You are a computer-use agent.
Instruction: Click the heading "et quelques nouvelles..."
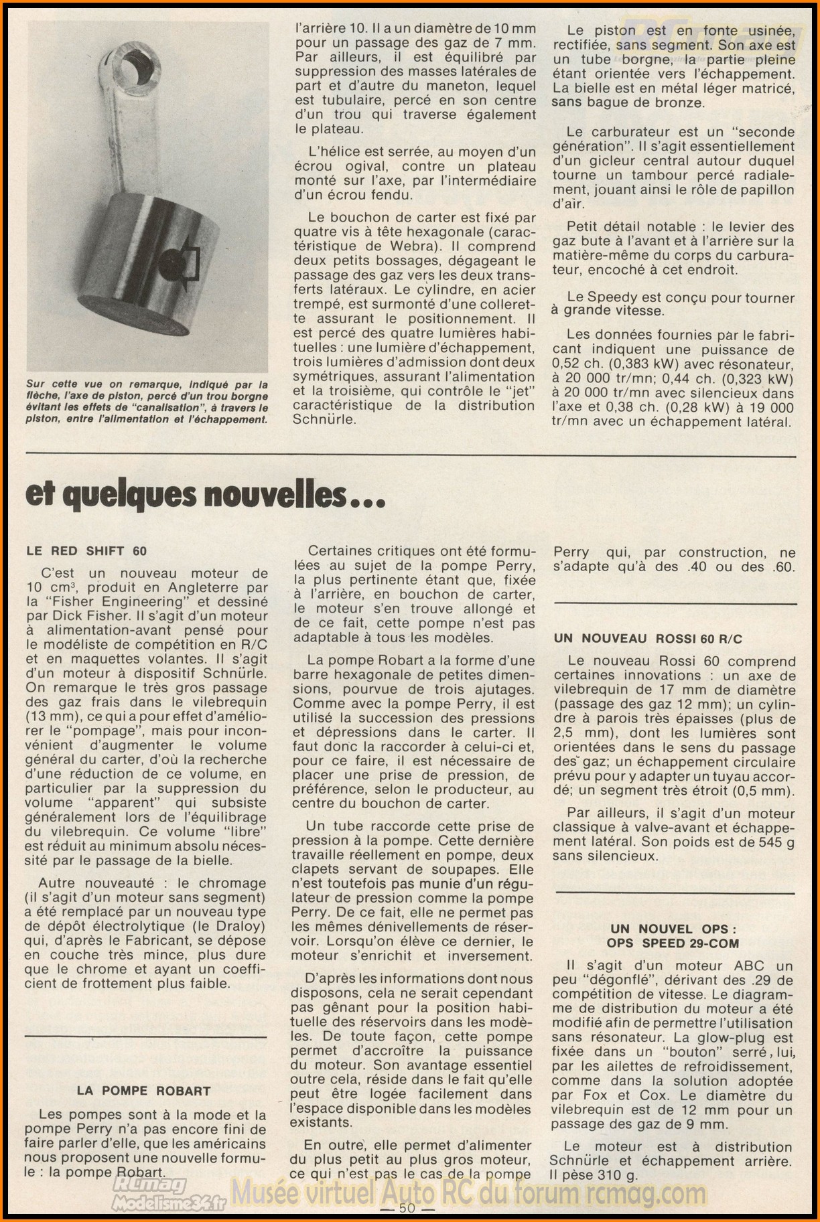196,495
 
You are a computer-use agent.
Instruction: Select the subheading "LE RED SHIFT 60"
86,551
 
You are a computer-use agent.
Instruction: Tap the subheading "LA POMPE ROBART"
144,1091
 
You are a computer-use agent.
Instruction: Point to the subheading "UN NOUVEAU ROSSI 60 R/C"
648,639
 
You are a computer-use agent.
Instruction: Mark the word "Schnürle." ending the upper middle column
323,420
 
